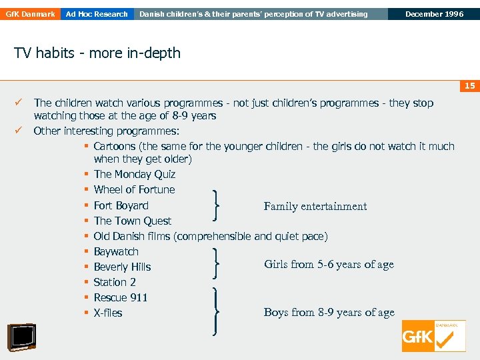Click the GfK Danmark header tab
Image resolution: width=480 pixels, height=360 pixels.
(x=29, y=14)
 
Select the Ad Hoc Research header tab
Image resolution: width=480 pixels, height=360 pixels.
(x=97, y=14)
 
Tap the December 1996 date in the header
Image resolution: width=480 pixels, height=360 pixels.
(x=434, y=14)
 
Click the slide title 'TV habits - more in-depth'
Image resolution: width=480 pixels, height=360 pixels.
(x=97, y=53)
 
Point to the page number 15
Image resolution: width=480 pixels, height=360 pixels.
(x=469, y=85)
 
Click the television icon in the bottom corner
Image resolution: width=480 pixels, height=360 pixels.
(x=21, y=337)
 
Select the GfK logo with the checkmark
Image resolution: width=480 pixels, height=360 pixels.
(x=433, y=336)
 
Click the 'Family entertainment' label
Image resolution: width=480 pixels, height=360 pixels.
(x=315, y=207)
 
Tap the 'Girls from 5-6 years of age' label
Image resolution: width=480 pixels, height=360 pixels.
(x=329, y=265)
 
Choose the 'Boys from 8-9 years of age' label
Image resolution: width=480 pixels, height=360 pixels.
(x=329, y=313)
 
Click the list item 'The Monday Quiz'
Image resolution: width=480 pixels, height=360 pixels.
(x=134, y=175)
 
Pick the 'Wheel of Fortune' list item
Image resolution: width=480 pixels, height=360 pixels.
(x=134, y=190)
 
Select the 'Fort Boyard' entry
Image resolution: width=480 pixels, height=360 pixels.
(x=121, y=206)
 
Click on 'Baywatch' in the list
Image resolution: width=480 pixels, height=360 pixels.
(x=116, y=252)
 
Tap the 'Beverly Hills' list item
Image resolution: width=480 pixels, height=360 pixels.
(x=122, y=267)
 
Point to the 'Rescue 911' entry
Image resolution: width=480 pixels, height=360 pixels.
(x=121, y=298)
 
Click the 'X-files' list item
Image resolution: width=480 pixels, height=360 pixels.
(x=108, y=313)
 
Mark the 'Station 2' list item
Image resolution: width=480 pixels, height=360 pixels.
(x=115, y=283)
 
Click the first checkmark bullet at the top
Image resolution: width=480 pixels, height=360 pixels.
(x=19, y=103)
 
